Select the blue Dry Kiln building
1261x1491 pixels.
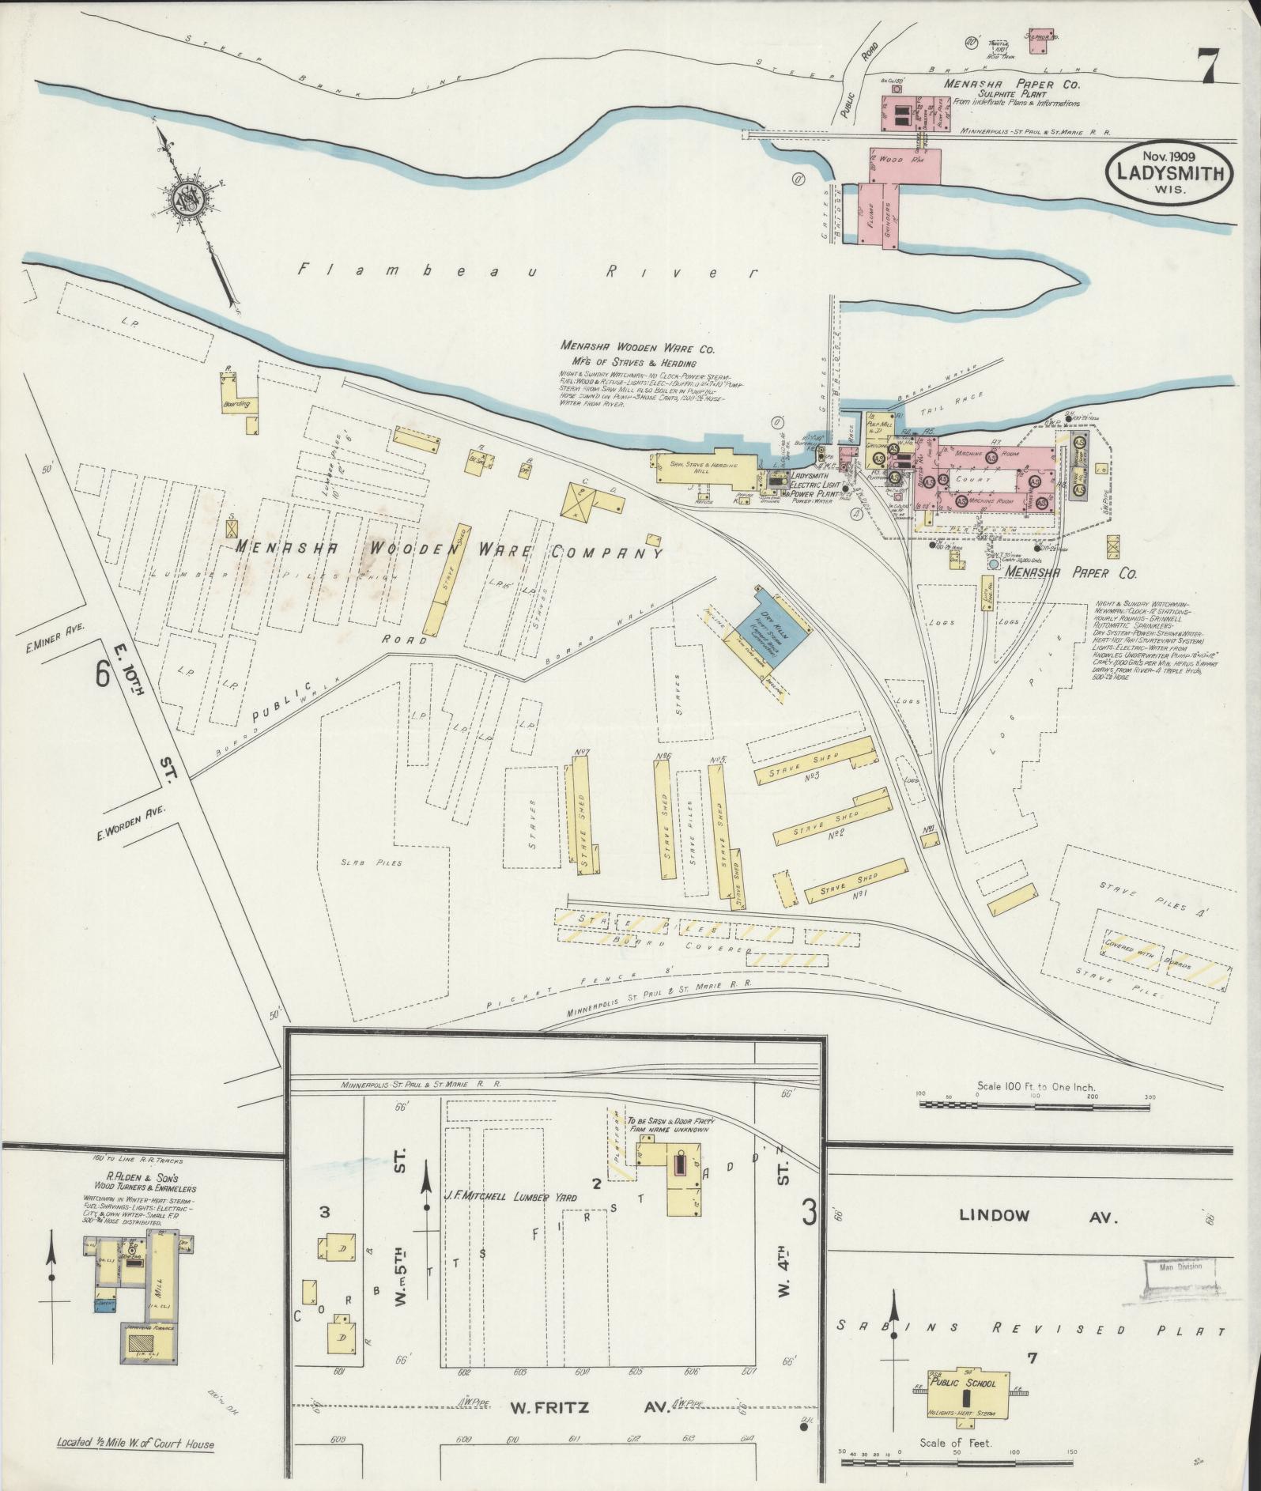[x=772, y=632]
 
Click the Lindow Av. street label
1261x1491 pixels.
[x=1039, y=1215]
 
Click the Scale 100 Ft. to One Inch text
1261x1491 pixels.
[x=1036, y=1086]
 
